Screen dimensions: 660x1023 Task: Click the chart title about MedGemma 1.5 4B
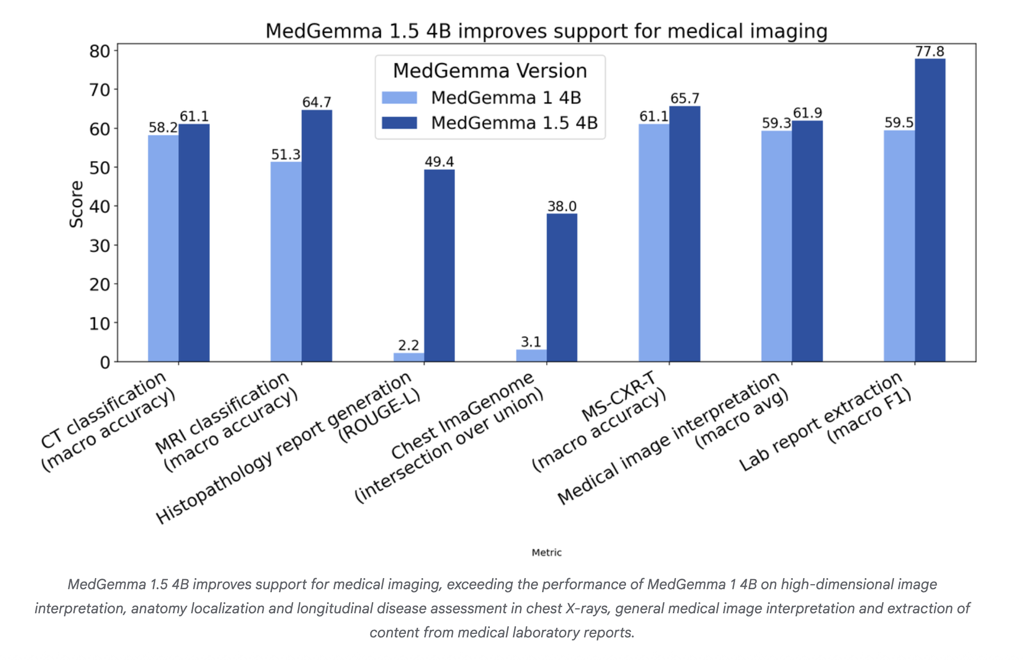pyautogui.click(x=546, y=31)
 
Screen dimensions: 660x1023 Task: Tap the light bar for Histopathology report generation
pyautogui.click(x=408, y=357)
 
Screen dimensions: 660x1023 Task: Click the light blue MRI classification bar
pyautogui.click(x=286, y=261)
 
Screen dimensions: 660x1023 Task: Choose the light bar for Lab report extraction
pyautogui.click(x=899, y=246)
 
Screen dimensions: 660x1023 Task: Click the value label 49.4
pyautogui.click(x=439, y=162)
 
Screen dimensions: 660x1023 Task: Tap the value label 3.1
pyautogui.click(x=531, y=342)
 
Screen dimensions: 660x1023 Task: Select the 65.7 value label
pyautogui.click(x=685, y=98)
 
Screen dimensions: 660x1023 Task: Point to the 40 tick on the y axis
pyautogui.click(x=99, y=206)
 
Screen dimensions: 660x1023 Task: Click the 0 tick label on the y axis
pyautogui.click(x=105, y=362)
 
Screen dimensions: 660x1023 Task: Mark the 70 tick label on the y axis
pyautogui.click(x=99, y=90)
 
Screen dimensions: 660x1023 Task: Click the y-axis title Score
pyautogui.click(x=76, y=204)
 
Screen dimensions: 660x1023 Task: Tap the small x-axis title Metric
pyautogui.click(x=546, y=553)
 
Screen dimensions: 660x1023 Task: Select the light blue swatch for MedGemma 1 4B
pyautogui.click(x=399, y=97)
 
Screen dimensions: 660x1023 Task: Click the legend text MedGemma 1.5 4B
pyautogui.click(x=514, y=123)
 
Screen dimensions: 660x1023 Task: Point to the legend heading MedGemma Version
pyautogui.click(x=490, y=71)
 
